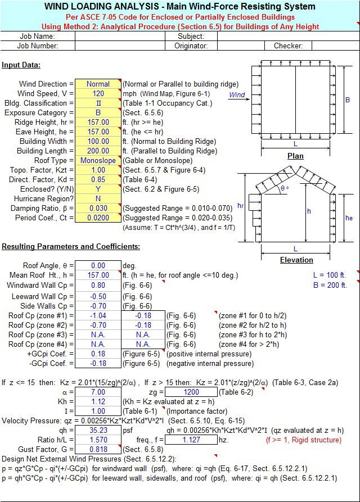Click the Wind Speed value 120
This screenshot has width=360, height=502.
[x=98, y=94]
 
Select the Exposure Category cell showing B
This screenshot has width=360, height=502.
[x=98, y=113]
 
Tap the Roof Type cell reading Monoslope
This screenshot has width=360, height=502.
[x=98, y=161]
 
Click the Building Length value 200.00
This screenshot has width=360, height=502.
[x=98, y=151]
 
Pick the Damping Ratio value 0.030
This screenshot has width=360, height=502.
[x=98, y=209]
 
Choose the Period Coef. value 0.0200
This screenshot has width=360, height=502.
[x=98, y=218]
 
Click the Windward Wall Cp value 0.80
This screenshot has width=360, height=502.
[x=98, y=285]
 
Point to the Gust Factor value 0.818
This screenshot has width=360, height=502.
[x=98, y=450]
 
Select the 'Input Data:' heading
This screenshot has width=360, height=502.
[x=21, y=65]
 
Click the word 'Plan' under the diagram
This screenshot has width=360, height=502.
[x=295, y=156]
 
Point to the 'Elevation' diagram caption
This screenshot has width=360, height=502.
[x=296, y=260]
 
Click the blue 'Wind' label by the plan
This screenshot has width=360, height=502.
[x=237, y=95]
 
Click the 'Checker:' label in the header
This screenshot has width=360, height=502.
[x=288, y=46]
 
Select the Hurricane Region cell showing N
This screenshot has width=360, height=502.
[x=98, y=199]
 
